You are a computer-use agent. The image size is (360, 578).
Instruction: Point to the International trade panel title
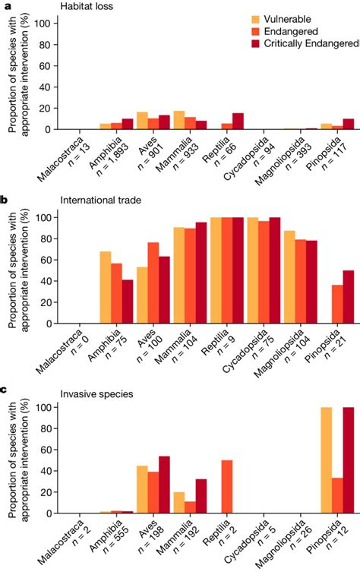[102, 201]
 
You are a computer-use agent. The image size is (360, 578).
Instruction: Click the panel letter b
[5, 201]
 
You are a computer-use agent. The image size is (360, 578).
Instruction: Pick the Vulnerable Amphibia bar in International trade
[106, 286]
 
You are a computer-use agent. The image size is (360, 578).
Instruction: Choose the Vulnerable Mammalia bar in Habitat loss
[179, 120]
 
